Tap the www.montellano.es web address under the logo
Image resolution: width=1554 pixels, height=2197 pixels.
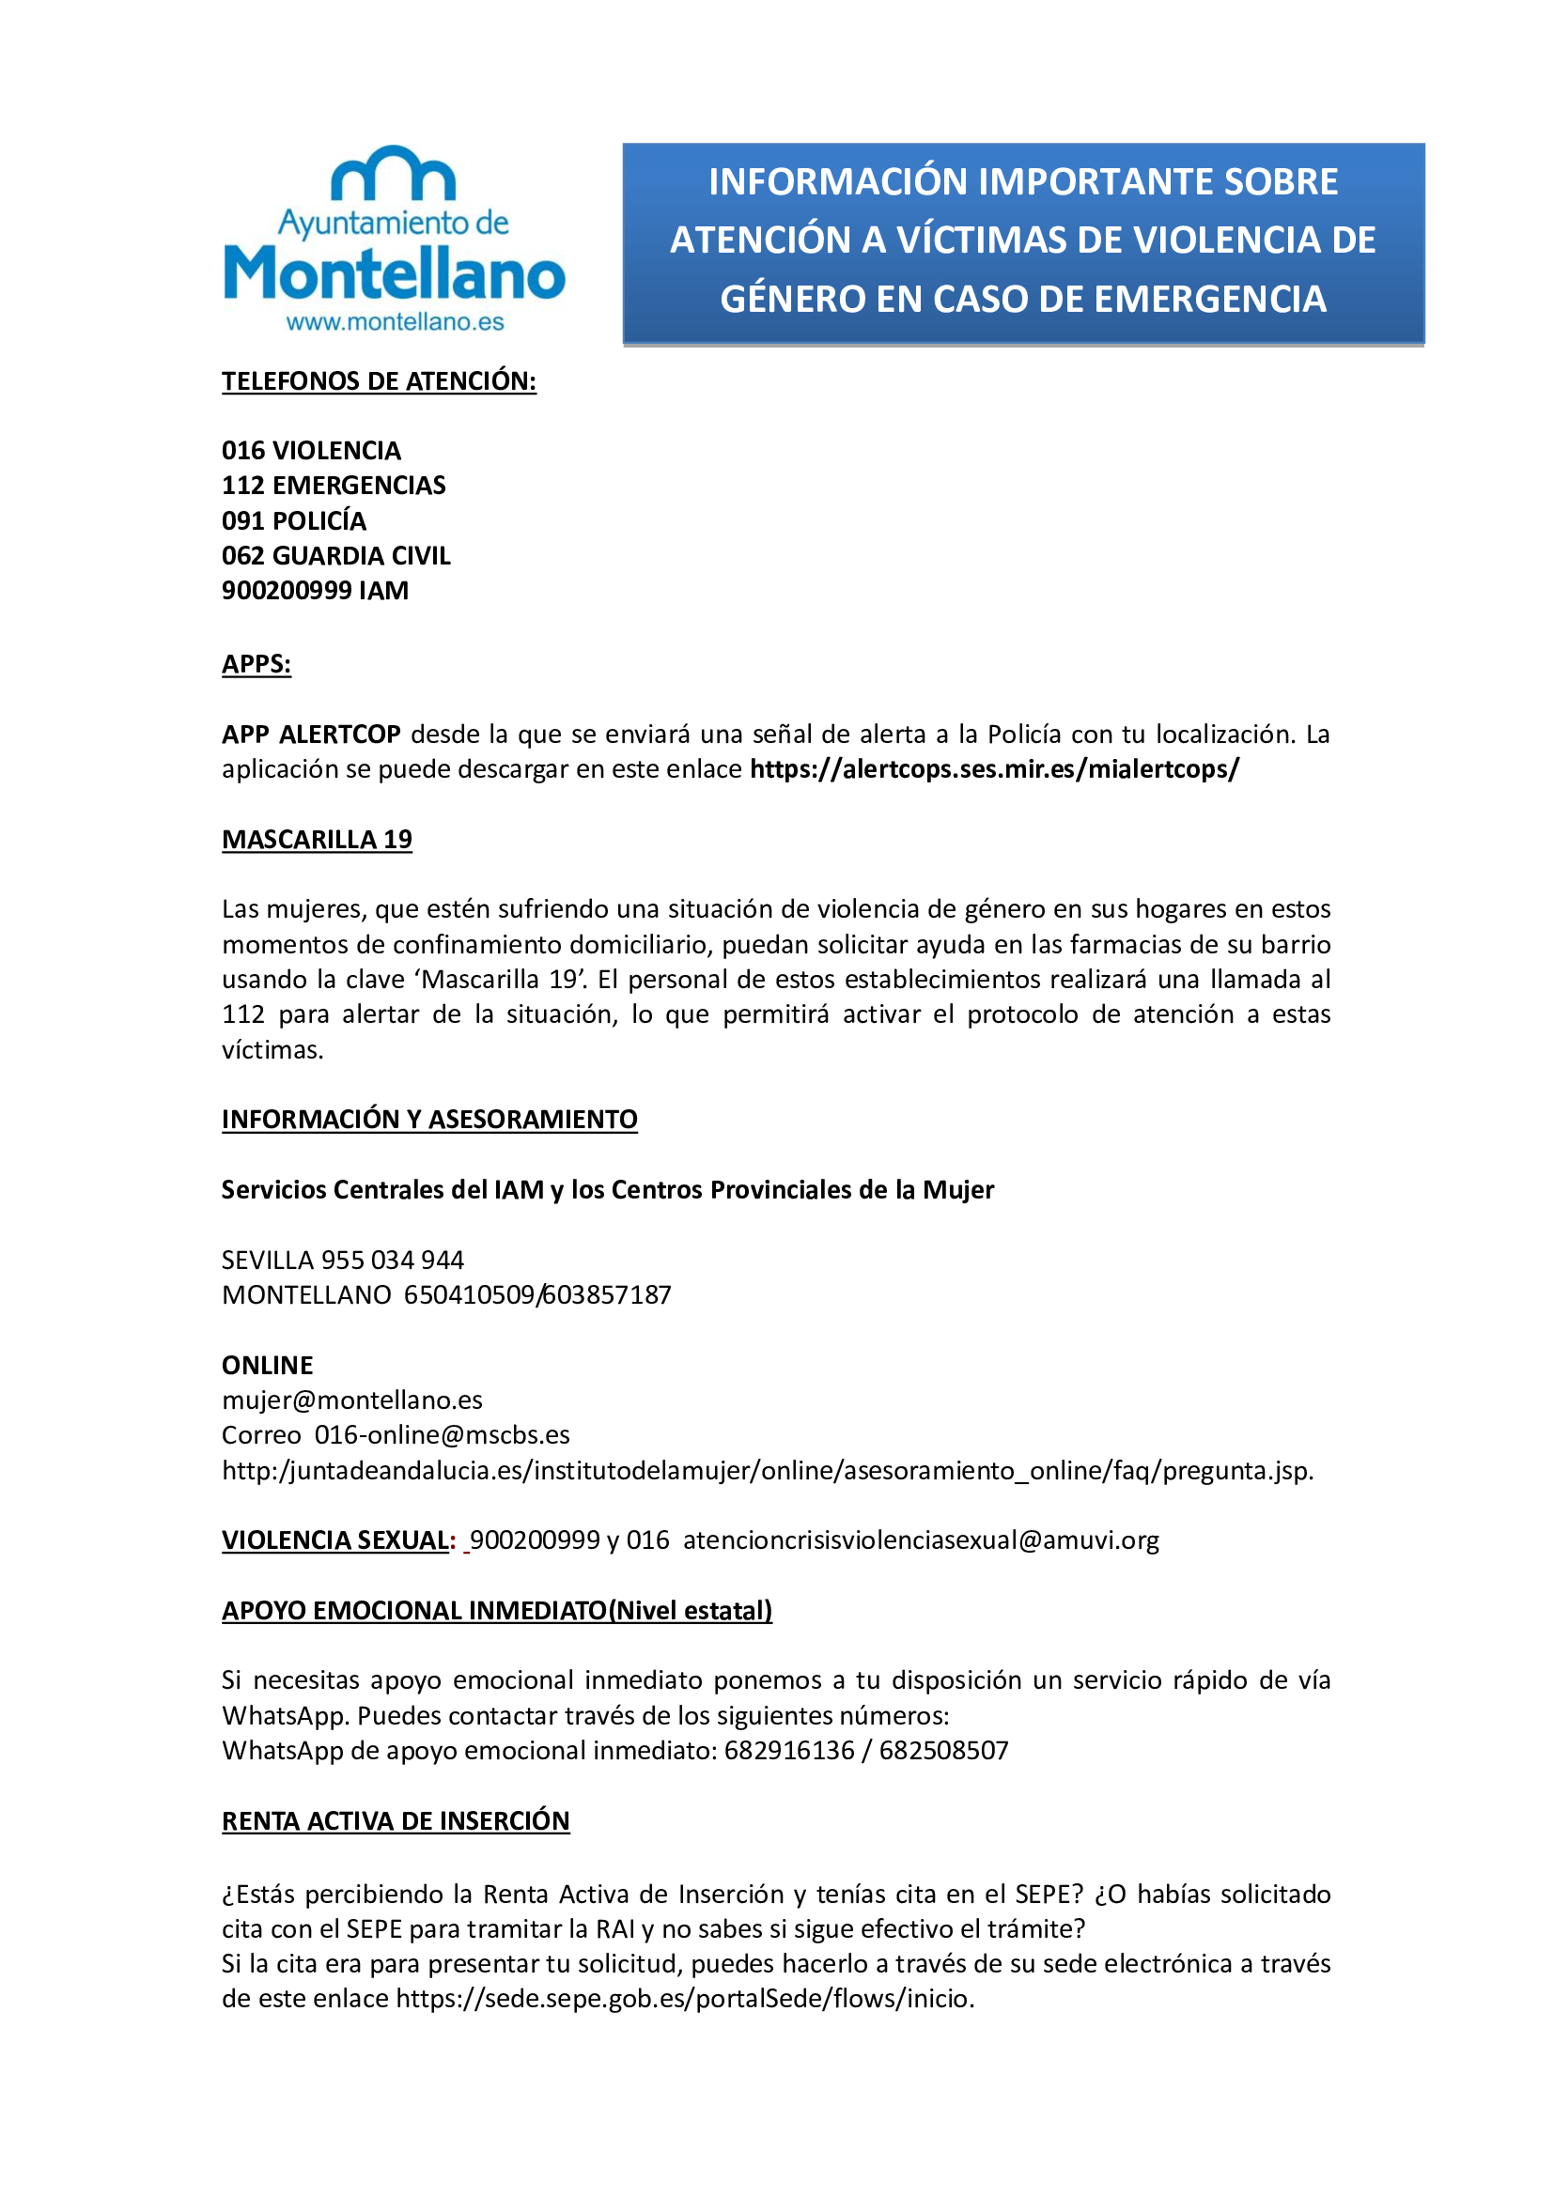[x=395, y=322]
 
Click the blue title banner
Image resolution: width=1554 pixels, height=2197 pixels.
[x=1023, y=242]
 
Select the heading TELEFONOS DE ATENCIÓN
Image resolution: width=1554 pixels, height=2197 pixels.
[x=379, y=380]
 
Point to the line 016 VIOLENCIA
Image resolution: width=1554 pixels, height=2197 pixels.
[x=311, y=451]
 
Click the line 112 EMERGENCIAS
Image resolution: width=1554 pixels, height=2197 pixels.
[x=333, y=485]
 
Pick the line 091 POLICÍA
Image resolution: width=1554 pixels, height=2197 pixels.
[x=294, y=520]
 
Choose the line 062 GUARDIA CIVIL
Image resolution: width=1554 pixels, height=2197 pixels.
[x=335, y=556]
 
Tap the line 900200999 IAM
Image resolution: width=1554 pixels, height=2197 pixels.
[x=315, y=591]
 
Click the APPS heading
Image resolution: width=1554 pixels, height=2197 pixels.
[x=256, y=664]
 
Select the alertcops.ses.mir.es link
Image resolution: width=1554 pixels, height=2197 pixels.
[x=994, y=769]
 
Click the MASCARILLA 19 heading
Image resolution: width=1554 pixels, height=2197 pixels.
[x=317, y=839]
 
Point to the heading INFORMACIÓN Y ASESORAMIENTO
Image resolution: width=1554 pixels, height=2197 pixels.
[x=429, y=1120]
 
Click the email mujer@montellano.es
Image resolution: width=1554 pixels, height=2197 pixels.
[x=352, y=1400]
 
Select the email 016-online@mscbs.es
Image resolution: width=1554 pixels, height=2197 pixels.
[x=443, y=1435]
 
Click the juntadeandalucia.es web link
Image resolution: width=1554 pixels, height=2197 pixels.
[x=768, y=1471]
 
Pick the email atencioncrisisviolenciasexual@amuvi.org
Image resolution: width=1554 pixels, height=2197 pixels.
[x=921, y=1540]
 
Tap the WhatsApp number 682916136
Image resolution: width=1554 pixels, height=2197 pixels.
[x=789, y=1750]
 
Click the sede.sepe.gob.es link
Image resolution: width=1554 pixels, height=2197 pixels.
[x=685, y=1999]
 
